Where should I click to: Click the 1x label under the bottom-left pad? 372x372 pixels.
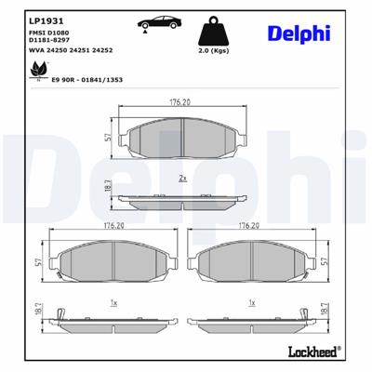tap(113, 302)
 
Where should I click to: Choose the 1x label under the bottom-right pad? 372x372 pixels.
tap(252, 302)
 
